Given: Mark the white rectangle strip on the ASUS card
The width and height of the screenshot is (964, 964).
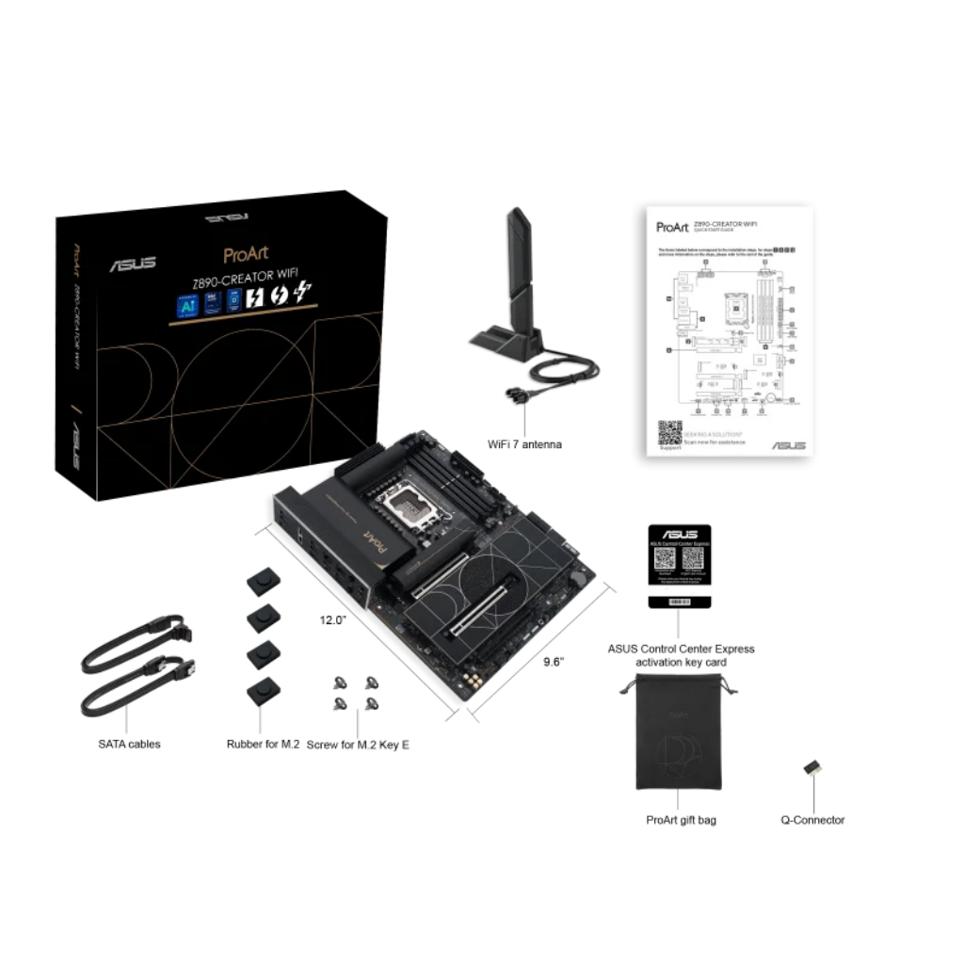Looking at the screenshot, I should tap(679, 589).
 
